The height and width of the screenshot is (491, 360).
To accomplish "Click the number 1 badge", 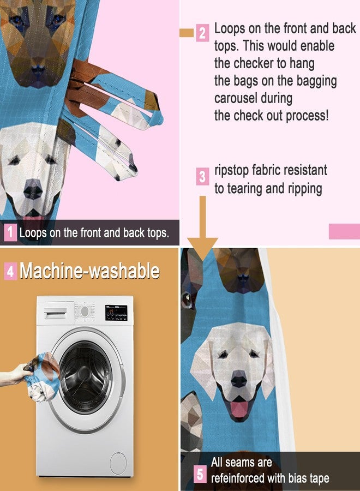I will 10,233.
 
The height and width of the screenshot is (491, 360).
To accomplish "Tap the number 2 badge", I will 202,33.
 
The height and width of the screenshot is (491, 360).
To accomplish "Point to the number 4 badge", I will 10,271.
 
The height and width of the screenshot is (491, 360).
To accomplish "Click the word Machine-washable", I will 90,271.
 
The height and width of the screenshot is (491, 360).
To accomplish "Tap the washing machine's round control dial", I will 85,312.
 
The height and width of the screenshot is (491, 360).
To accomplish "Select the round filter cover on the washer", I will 118,463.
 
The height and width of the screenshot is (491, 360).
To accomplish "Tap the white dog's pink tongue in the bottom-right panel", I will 238,409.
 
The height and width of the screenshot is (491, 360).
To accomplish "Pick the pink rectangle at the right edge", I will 344,231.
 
